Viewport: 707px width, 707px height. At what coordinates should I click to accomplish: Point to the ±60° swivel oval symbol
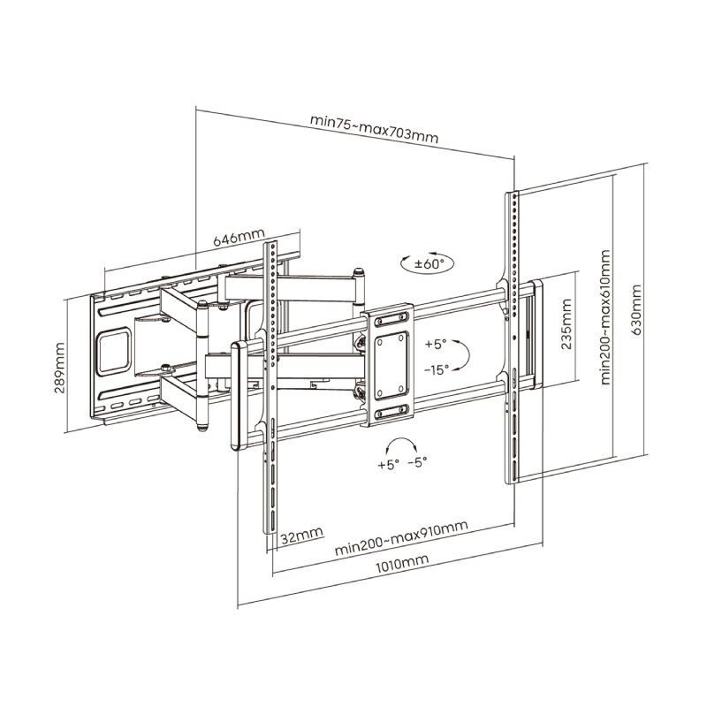(x=422, y=262)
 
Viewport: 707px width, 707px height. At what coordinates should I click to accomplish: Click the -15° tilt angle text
(x=437, y=369)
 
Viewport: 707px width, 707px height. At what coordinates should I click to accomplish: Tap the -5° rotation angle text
(x=418, y=464)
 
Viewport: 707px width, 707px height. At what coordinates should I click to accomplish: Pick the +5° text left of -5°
(x=388, y=464)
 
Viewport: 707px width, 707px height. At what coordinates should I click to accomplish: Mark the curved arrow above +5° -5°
(x=402, y=444)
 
